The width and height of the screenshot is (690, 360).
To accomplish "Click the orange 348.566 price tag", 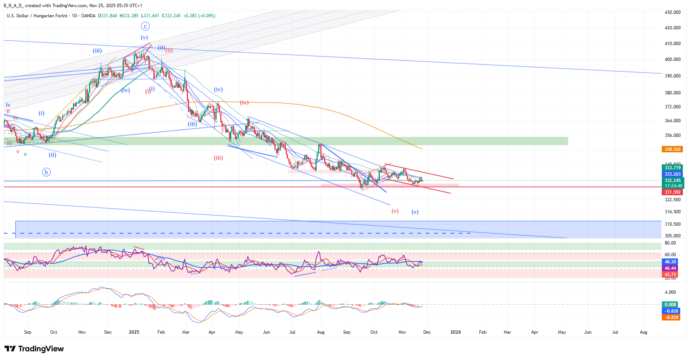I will coord(672,149).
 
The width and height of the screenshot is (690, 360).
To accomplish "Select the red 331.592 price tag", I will coord(672,192).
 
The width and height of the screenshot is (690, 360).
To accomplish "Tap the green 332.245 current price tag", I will coord(672,181).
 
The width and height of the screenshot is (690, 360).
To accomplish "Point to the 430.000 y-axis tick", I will coord(673,12).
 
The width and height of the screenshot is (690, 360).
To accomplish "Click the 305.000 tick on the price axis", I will coord(673,236).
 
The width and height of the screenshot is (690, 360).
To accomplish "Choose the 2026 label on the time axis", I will coord(455,332).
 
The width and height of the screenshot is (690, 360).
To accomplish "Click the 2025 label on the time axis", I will coord(134,332).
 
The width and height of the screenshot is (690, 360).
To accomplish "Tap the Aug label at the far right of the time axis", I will coord(643,332).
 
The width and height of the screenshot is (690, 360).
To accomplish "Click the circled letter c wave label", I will coord(145,26).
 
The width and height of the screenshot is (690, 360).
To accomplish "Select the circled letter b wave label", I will coord(46,172).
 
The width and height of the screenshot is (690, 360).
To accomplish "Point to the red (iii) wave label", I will coord(218,158).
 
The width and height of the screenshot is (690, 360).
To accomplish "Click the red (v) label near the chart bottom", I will coord(395,211).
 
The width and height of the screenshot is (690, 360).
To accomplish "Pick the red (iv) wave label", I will coord(244,103).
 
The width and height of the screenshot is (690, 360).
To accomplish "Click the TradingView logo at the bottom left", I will coord(34,349).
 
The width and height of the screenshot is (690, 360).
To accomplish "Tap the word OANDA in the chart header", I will coord(88,16).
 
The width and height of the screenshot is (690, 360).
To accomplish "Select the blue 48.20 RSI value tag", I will coord(670,262).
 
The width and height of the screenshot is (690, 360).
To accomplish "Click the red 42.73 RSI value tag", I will coord(670,275).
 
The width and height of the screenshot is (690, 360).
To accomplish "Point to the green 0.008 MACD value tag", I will coord(670,305).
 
